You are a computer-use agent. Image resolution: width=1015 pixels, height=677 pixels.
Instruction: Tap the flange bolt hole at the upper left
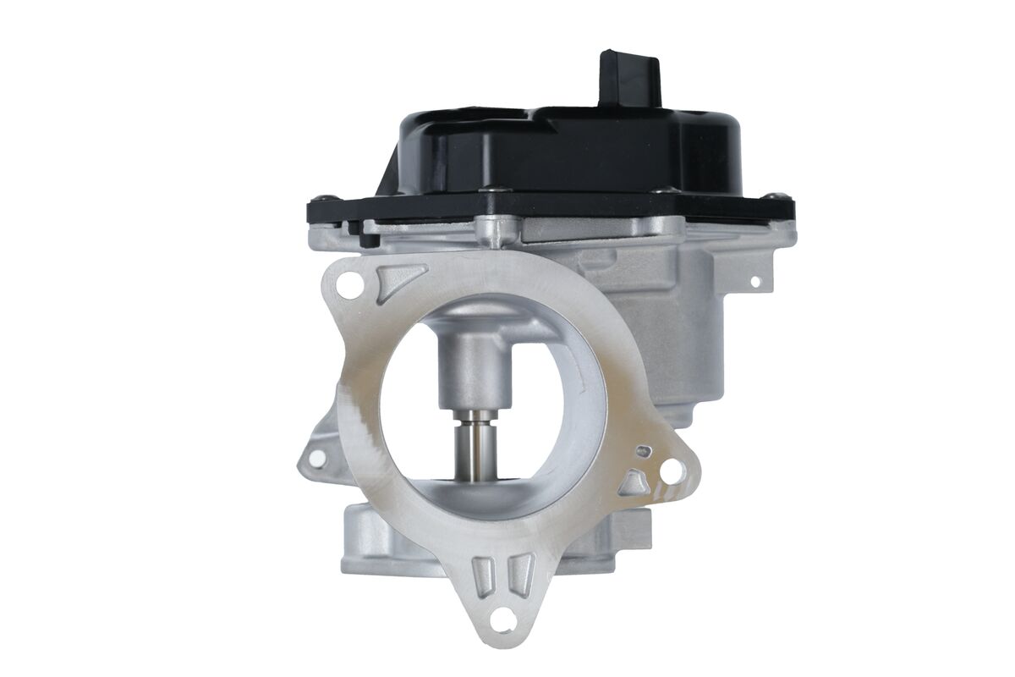point(345,286)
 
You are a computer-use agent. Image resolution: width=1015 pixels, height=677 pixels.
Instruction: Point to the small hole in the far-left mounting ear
point(316,458)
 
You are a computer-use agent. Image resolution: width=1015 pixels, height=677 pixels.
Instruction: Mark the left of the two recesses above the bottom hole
point(483,575)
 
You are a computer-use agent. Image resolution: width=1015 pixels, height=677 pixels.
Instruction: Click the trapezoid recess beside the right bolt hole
point(634,483)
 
